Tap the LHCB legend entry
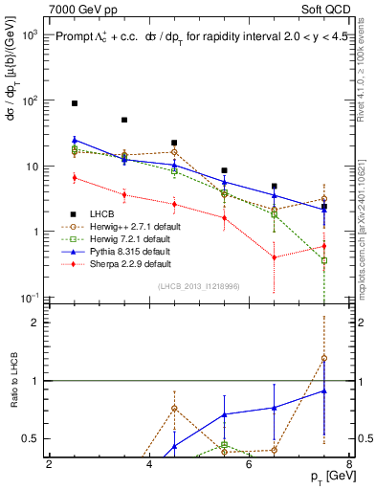pos(100,213)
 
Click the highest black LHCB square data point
pos(75,102)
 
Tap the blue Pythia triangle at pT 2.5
pos(75,140)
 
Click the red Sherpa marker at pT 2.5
pos(75,177)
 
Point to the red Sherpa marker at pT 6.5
pos(275,256)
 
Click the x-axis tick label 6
pos(249,465)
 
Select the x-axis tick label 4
pos(149,465)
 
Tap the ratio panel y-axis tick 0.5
pos(36,438)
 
